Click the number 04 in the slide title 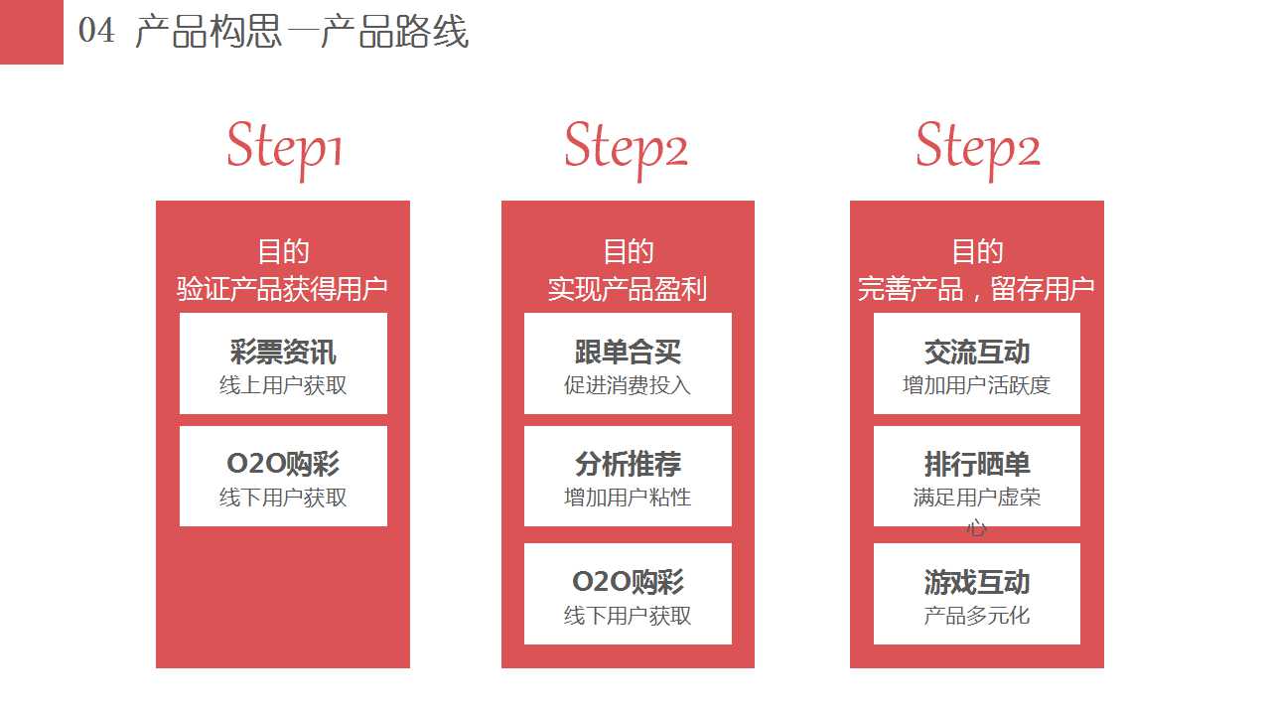[96, 31]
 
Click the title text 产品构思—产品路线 [302, 31]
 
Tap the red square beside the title [31, 32]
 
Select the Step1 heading [284, 150]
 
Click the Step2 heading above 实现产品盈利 [626, 150]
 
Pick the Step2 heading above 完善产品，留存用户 [978, 150]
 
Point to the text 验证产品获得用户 [282, 289]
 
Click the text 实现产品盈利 [627, 289]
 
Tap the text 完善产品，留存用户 [976, 289]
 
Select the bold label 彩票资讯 [283, 352]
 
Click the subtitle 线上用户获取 [283, 385]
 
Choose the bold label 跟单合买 [628, 352]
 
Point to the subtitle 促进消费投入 [628, 385]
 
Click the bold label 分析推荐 [628, 464]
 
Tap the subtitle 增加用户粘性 [628, 498]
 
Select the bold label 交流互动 [976, 352]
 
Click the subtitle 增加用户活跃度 [976, 385]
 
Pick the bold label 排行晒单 [976, 464]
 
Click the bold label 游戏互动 [976, 582]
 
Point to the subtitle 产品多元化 [976, 616]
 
